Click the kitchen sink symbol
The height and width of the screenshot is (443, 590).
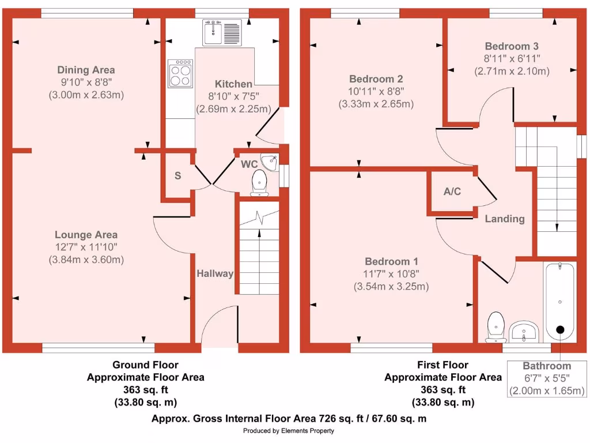tap(222, 32)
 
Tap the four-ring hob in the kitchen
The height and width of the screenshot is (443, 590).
tap(180, 73)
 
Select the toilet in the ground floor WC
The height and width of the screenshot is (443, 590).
tap(259, 182)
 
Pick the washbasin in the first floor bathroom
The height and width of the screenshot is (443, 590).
tap(523, 331)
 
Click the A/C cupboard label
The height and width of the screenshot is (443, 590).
tap(452, 192)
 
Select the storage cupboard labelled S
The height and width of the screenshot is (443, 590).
tap(178, 176)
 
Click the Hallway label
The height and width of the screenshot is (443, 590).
tap(214, 273)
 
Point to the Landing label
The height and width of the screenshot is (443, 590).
tap(505, 219)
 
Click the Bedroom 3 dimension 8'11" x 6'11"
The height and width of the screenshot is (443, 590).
tap(512, 58)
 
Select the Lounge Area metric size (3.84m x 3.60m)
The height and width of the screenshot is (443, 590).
tap(86, 260)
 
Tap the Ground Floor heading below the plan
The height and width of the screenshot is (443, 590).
tap(145, 365)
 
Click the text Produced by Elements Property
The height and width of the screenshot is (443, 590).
tap(289, 431)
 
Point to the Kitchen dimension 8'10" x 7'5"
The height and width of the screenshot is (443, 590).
tap(233, 96)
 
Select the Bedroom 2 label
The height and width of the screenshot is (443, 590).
tap(376, 79)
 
